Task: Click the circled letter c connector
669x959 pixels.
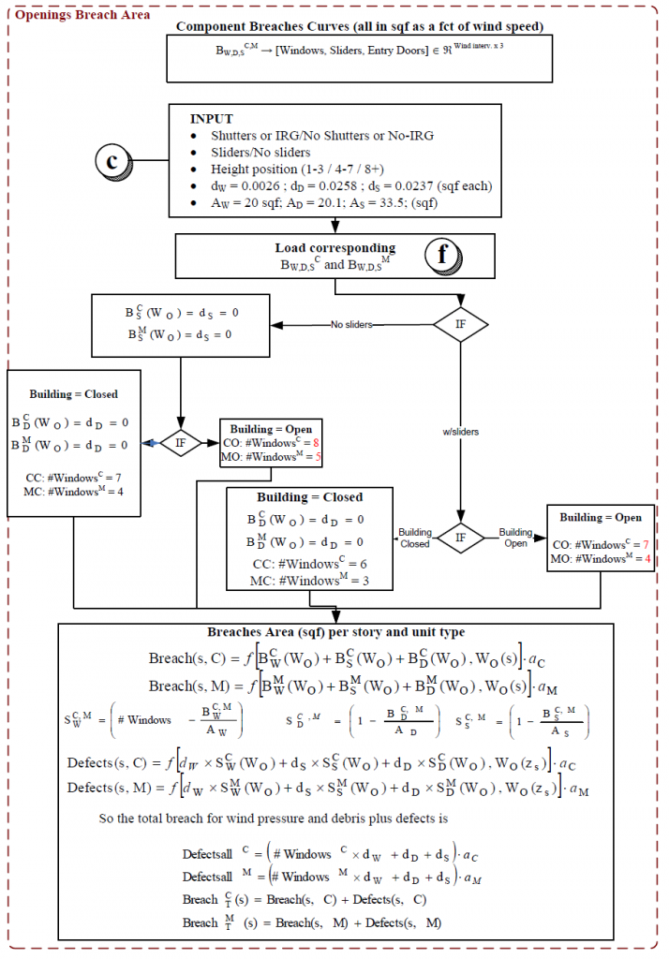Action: [x=112, y=160]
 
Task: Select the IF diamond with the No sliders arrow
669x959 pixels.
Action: [x=462, y=325]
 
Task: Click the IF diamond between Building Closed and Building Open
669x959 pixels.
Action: [x=461, y=538]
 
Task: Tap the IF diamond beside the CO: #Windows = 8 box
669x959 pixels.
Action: [x=180, y=442]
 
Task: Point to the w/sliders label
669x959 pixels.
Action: [x=460, y=432]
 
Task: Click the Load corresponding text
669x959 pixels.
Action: [x=334, y=248]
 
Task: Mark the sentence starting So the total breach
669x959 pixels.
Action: [x=273, y=818]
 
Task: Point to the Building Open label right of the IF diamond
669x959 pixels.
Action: [x=515, y=537]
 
